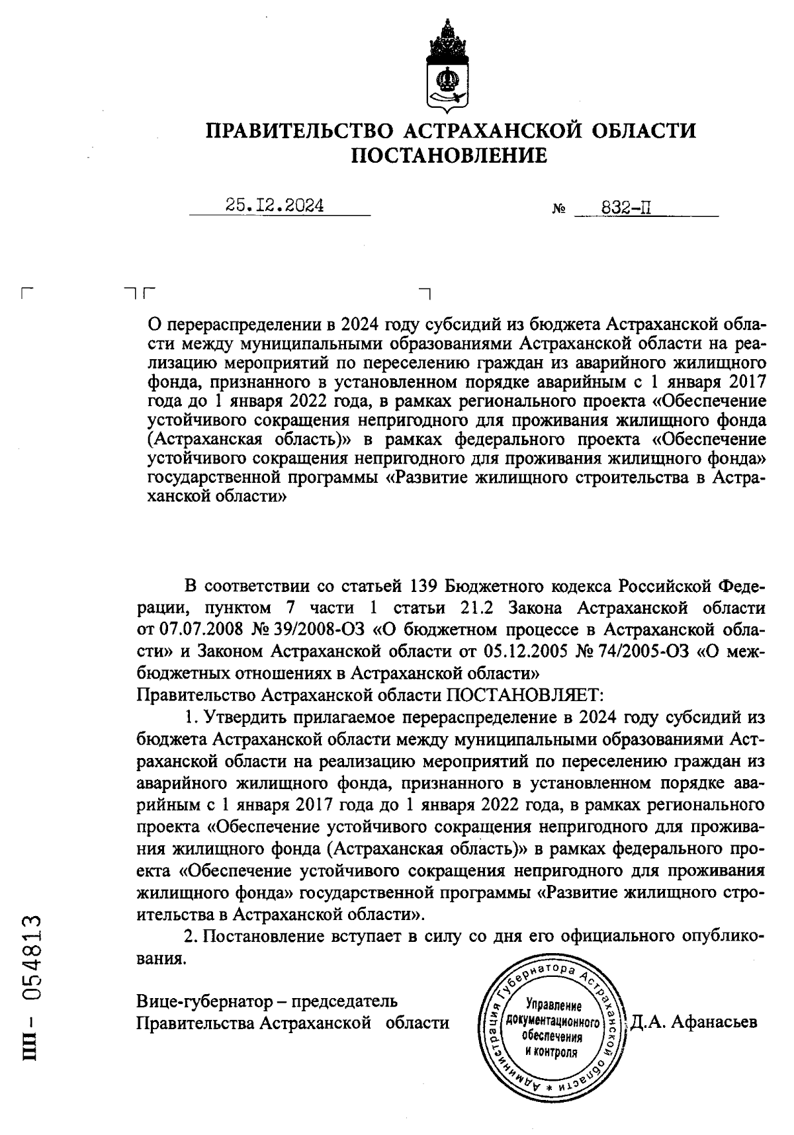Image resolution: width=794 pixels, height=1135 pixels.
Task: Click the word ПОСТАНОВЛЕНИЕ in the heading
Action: click(x=449, y=156)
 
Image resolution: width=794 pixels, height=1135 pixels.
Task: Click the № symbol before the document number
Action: click(x=558, y=210)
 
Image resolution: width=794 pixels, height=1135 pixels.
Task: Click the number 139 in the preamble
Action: click(x=422, y=586)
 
